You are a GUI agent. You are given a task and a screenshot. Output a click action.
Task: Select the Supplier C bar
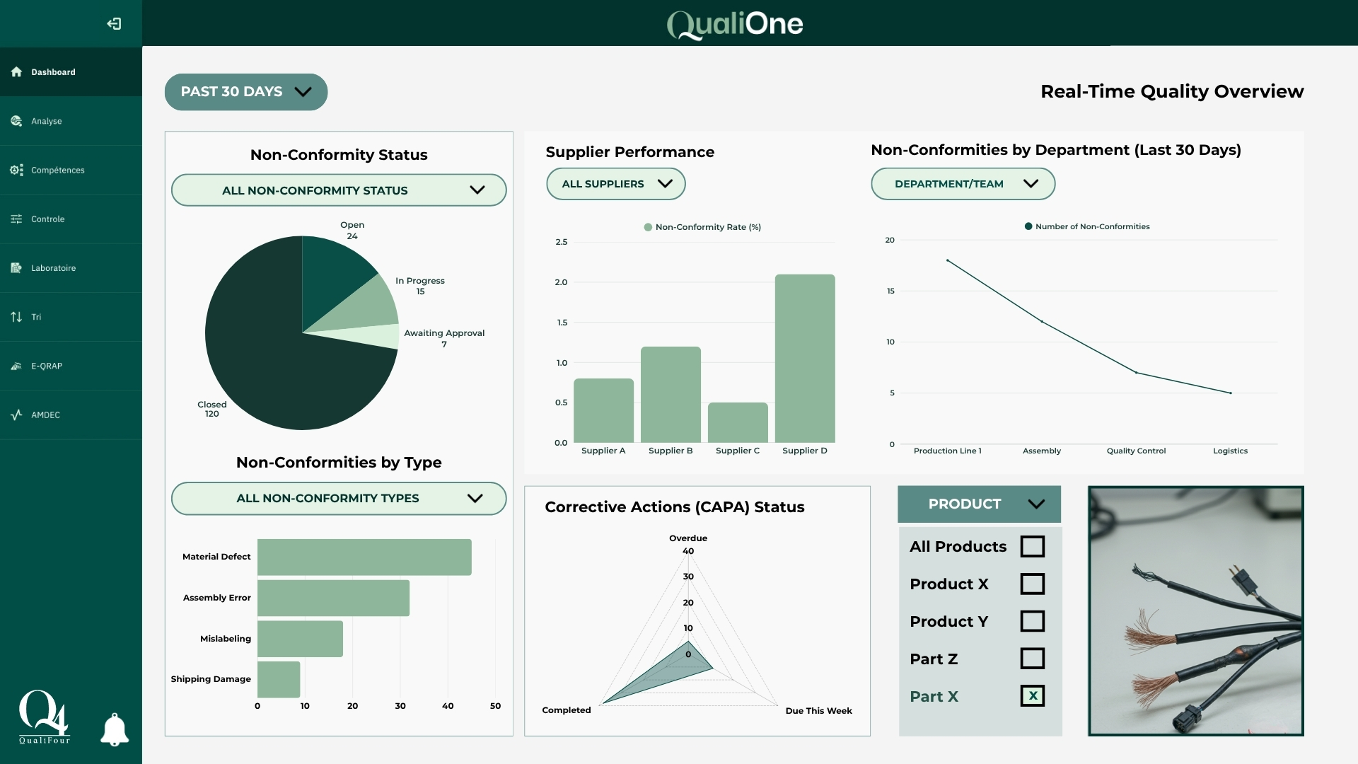(738, 422)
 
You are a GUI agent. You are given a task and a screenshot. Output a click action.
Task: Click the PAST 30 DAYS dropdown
(245, 92)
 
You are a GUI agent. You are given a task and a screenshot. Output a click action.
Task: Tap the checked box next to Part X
(1032, 696)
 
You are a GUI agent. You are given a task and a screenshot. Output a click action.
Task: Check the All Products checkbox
(1032, 547)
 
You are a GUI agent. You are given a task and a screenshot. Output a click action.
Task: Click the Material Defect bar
(364, 557)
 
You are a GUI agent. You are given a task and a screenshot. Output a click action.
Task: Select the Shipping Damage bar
(279, 679)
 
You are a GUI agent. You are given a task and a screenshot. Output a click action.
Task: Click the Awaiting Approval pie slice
(379, 337)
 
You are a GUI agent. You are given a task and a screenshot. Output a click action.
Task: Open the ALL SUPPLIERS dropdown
(615, 184)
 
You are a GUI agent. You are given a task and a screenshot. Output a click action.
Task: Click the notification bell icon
(115, 729)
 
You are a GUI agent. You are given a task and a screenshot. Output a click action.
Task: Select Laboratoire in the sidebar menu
(53, 268)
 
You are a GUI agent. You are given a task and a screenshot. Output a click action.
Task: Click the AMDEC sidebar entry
(45, 415)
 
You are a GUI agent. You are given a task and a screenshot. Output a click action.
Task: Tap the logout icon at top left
(114, 24)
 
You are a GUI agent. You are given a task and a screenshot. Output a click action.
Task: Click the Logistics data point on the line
(1230, 393)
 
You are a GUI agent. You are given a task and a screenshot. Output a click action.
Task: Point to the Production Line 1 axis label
(947, 451)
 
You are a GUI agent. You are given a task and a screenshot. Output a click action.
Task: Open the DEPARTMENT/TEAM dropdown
(962, 184)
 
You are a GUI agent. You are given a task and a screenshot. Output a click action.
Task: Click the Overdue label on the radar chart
(687, 538)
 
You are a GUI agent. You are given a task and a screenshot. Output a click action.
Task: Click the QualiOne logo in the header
(735, 24)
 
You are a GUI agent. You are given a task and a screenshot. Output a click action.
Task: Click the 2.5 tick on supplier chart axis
(561, 242)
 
